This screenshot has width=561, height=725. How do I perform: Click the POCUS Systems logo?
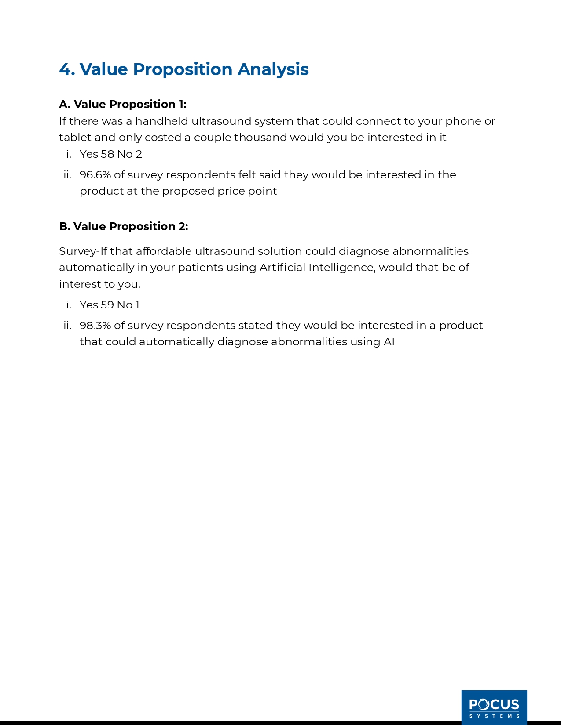pyautogui.click(x=494, y=707)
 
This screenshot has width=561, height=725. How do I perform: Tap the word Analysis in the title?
pyautogui.click(x=273, y=69)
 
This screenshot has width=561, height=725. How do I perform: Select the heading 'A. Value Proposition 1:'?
pyautogui.click(x=123, y=104)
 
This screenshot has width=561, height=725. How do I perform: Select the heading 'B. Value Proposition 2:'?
pyautogui.click(x=124, y=226)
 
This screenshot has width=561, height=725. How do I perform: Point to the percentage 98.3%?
pyautogui.click(x=95, y=326)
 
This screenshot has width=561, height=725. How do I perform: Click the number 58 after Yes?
pyautogui.click(x=107, y=154)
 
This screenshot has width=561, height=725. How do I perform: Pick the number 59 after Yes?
pyautogui.click(x=107, y=305)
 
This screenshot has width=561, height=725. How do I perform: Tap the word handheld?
pyautogui.click(x=161, y=121)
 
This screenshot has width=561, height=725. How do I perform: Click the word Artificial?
pyautogui.click(x=282, y=268)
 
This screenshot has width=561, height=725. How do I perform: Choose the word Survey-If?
pyautogui.click(x=83, y=251)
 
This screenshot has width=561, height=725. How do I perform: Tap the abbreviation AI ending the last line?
pyautogui.click(x=389, y=342)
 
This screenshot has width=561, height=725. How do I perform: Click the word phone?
pyautogui.click(x=463, y=121)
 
